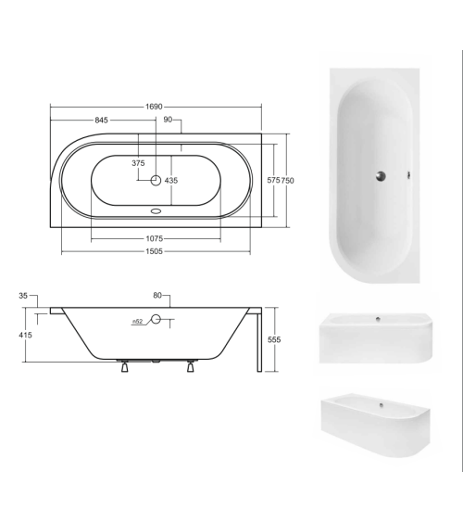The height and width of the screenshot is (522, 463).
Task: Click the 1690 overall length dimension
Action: pos(156,107)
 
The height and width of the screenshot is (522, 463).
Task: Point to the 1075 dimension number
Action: pos(156,238)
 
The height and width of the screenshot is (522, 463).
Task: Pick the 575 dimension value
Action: pos(272,181)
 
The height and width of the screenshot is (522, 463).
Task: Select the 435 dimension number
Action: pos(170,181)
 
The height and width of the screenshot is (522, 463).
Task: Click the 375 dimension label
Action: pos(138,163)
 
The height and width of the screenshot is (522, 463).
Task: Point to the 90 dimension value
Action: pos(168,119)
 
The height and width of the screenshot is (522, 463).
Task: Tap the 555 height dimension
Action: pos(273,339)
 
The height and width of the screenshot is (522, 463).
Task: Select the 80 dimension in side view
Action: pos(157,296)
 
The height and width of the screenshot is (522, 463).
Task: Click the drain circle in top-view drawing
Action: pos(156,181)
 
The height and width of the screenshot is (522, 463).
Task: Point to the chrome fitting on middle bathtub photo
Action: pos(377,320)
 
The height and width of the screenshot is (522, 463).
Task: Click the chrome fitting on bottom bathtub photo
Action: pos(382,405)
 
